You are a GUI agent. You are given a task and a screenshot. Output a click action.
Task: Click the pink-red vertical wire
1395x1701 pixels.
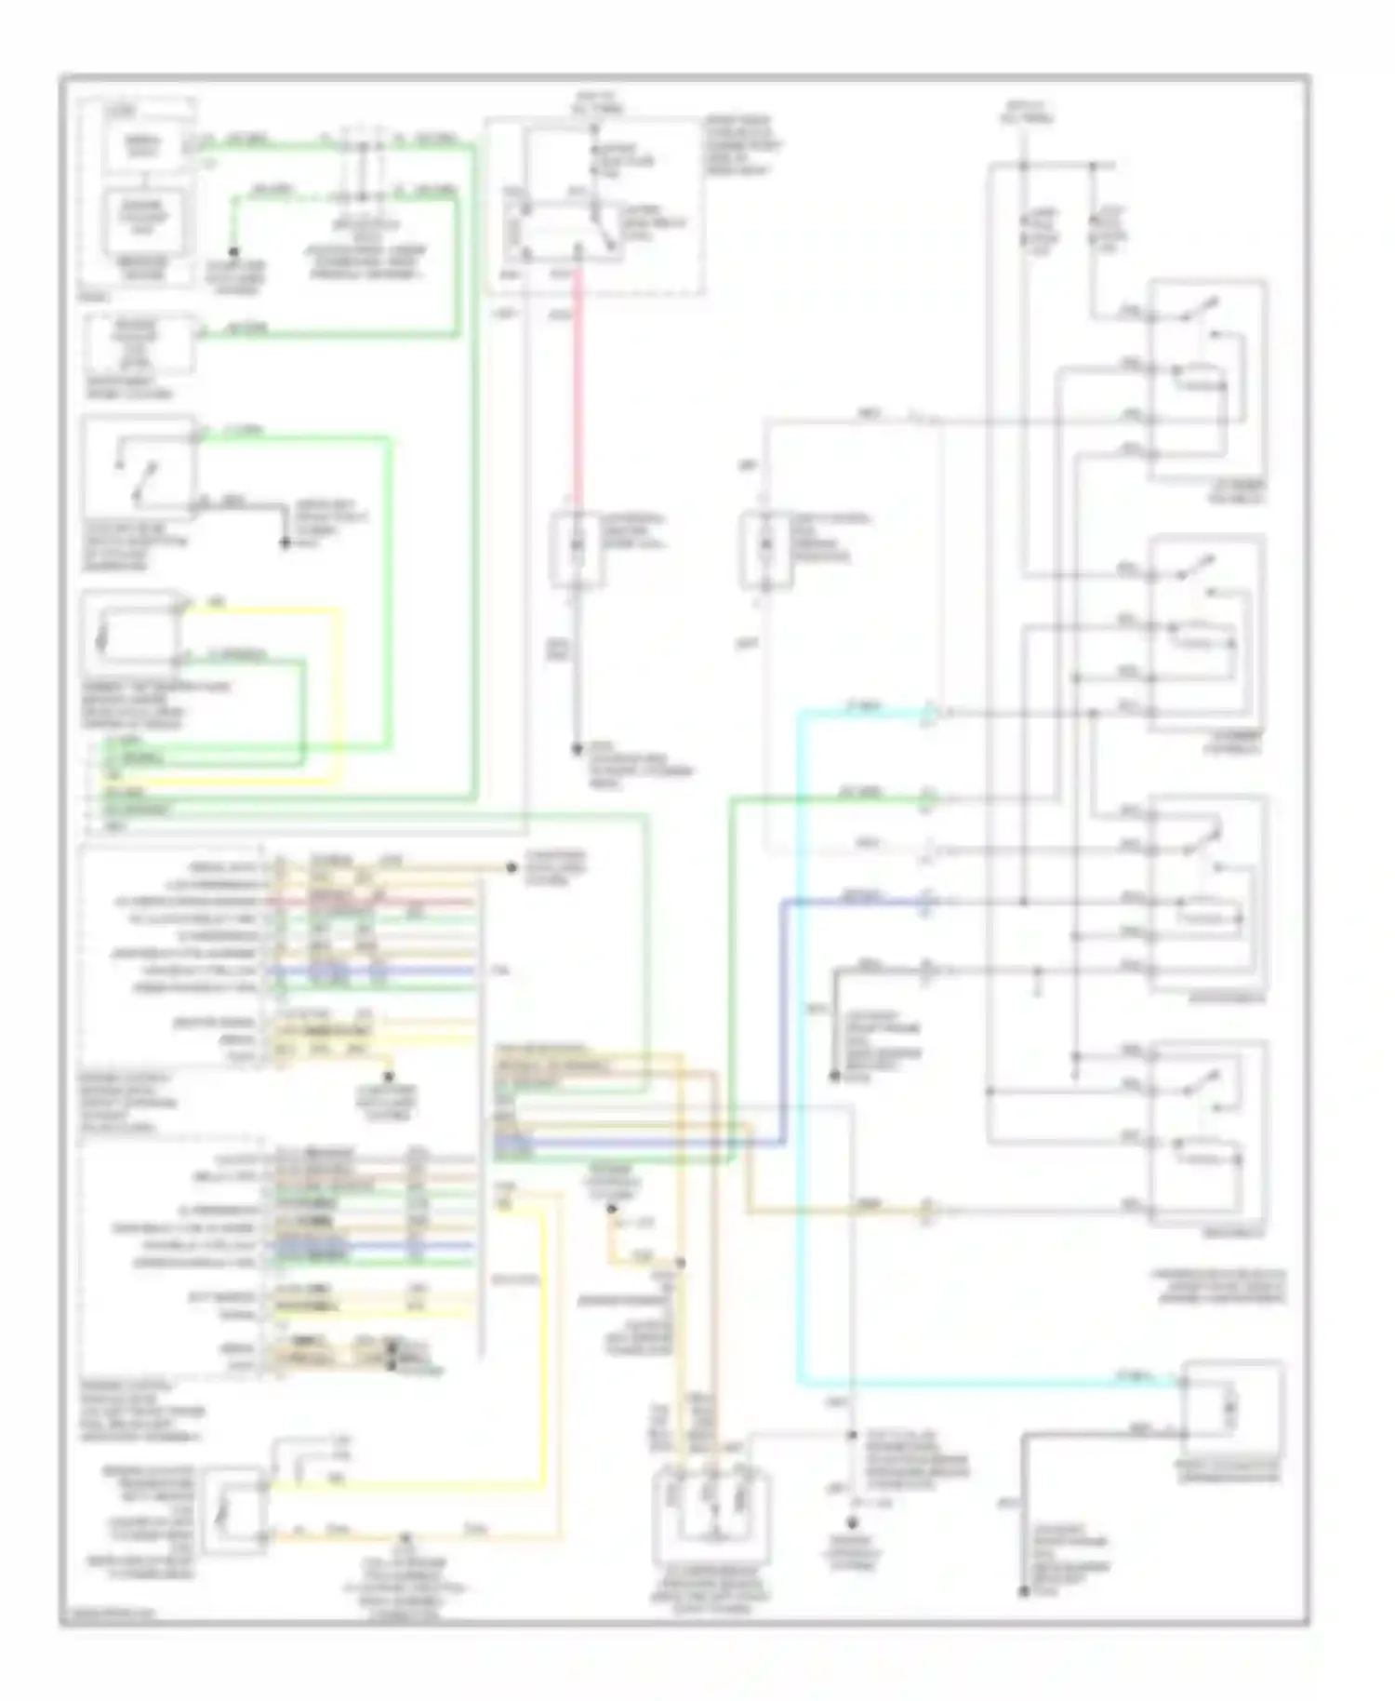(x=577, y=391)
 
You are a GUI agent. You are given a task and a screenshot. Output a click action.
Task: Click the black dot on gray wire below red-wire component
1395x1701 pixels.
(x=577, y=747)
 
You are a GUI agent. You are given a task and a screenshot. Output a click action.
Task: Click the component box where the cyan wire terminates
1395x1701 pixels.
(x=1233, y=1411)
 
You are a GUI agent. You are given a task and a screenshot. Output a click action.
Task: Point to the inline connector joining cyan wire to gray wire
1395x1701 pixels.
(x=928, y=714)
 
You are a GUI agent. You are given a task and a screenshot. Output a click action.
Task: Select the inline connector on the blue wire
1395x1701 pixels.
(x=926, y=901)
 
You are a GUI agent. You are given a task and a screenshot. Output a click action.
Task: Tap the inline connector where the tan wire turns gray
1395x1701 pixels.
(x=927, y=1210)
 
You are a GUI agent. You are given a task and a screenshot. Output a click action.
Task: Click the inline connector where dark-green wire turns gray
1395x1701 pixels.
(x=927, y=798)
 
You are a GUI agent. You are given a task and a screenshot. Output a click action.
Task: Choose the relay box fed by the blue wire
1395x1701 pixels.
(x=1208, y=893)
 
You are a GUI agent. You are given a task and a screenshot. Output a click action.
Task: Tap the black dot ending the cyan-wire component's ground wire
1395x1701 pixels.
(x=1024, y=1592)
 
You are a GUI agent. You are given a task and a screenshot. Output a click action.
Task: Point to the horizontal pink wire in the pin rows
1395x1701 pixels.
(x=372, y=901)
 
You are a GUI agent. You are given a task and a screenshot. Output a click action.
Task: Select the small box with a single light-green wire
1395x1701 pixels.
(x=139, y=344)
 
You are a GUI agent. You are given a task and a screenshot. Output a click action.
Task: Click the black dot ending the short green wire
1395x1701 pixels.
(x=233, y=252)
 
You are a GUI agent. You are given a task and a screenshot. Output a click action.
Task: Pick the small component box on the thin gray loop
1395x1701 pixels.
(x=766, y=550)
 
